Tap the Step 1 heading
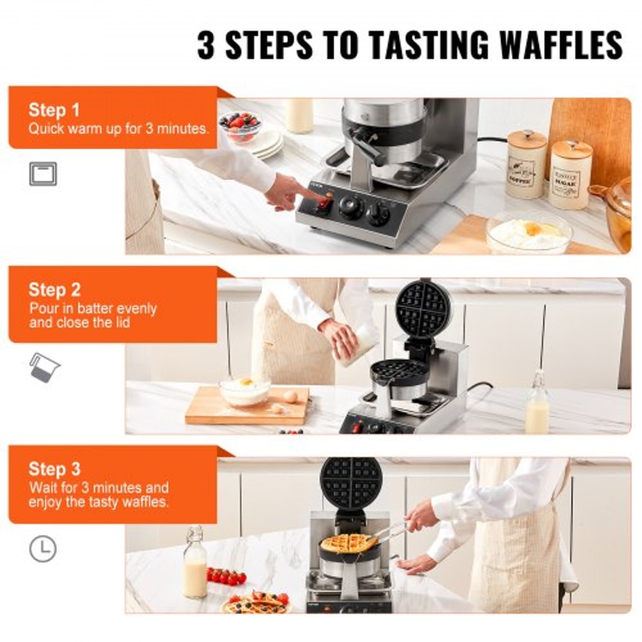point(54,110)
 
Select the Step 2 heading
point(54,290)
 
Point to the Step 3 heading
point(54,469)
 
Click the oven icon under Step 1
point(43,174)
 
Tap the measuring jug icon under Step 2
point(44,367)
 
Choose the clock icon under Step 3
point(43,550)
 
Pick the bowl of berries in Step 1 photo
point(239,125)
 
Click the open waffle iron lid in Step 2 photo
point(422,309)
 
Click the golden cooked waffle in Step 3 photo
point(349,543)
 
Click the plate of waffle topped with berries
point(257,603)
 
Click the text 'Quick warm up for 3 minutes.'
point(118,128)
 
